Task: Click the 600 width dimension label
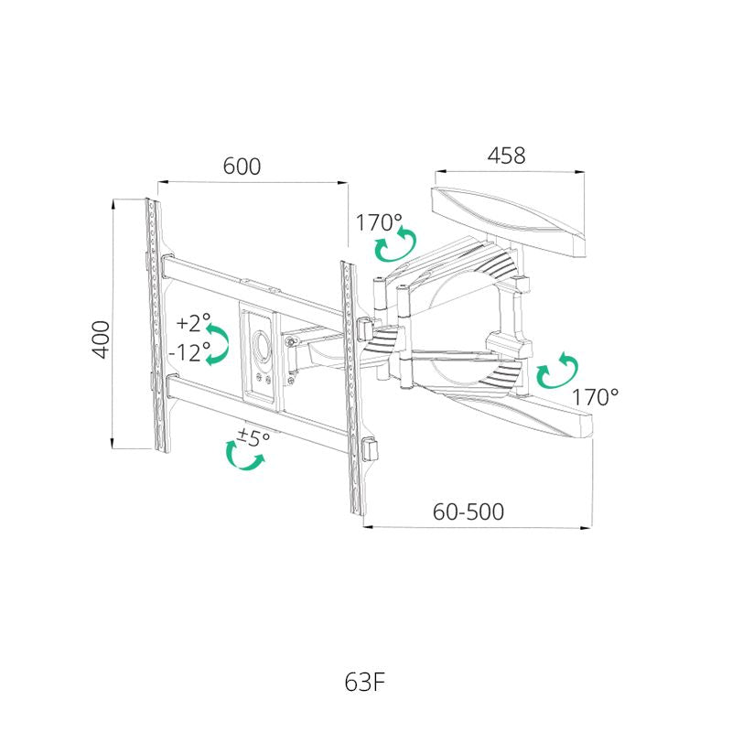242,167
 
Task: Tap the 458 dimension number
507,156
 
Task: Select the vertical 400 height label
102,339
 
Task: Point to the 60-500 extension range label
468,511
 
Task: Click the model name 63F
364,683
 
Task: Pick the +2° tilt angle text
193,322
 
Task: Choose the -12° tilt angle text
189,352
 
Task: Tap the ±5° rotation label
253,437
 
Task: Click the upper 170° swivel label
379,222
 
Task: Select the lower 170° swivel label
596,397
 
